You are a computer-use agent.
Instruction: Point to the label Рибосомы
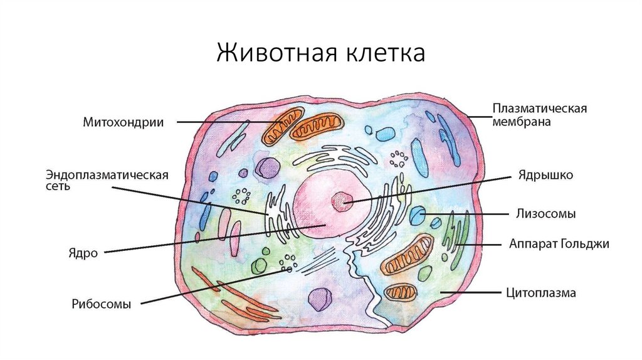tap(101, 305)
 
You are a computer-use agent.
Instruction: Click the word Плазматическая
tap(539, 109)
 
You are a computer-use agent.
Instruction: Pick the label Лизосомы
tap(546, 214)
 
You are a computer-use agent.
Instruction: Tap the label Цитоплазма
tap(540, 293)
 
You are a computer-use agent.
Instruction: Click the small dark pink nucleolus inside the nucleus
tap(342, 201)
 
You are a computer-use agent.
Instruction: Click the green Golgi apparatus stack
tap(454, 241)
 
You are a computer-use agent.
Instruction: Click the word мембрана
tap(521, 122)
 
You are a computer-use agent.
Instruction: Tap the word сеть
tap(58, 187)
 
